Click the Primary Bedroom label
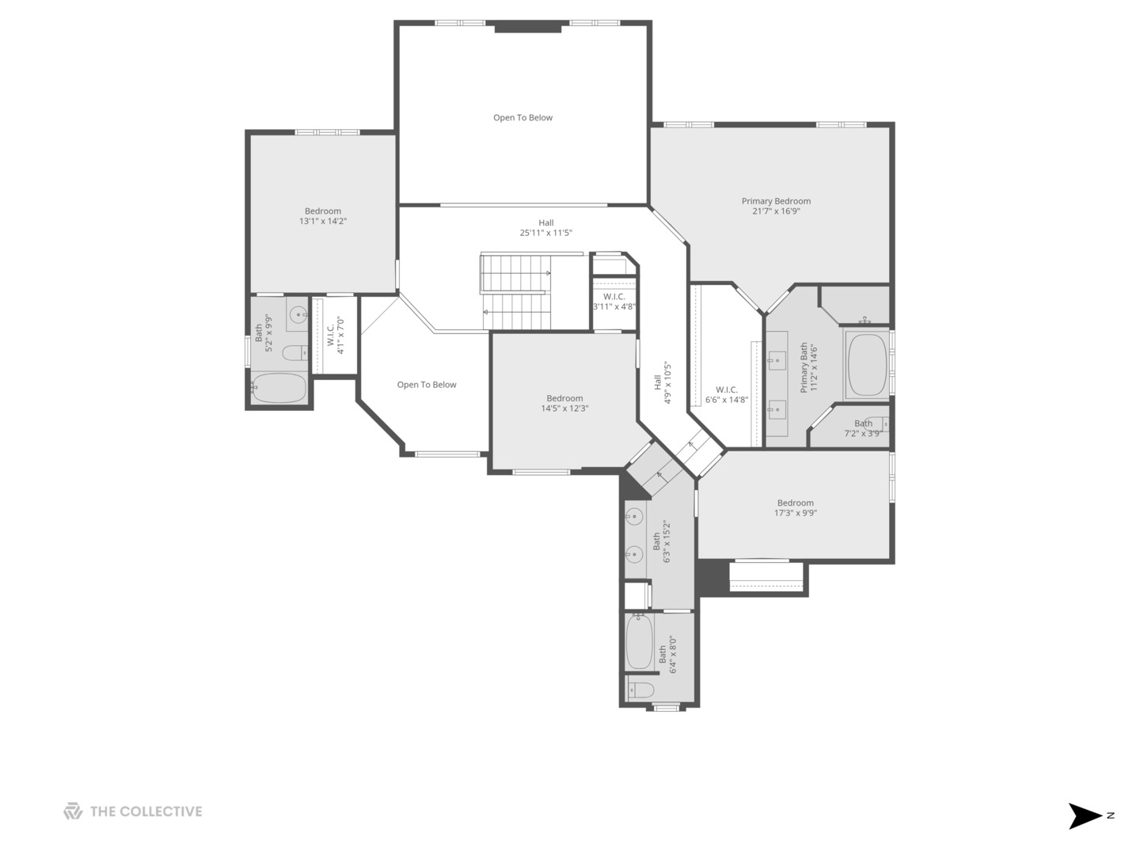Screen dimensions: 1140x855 pyautogui.click(x=776, y=201)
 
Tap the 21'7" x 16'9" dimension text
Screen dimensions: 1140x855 pyautogui.click(x=776, y=211)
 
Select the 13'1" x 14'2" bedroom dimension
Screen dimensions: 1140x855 pyautogui.click(x=322, y=221)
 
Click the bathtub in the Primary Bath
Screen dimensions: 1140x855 pyautogui.click(x=867, y=366)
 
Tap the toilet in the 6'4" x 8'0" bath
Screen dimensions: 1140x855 pyautogui.click(x=640, y=690)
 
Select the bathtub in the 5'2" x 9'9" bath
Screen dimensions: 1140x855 pyautogui.click(x=279, y=388)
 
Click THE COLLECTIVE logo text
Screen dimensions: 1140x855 pyautogui.click(x=146, y=812)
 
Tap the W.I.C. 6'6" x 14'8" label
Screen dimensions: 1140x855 pyautogui.click(x=727, y=395)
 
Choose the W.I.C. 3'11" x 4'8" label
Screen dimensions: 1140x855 pyautogui.click(x=614, y=302)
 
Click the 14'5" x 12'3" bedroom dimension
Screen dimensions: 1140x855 pyautogui.click(x=564, y=408)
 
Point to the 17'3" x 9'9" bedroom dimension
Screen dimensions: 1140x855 pyautogui.click(x=795, y=513)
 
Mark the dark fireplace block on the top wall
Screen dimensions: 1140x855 pyautogui.click(x=528, y=27)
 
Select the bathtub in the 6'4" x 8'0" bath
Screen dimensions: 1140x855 pyautogui.click(x=640, y=642)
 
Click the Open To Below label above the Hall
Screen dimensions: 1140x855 pyautogui.click(x=523, y=118)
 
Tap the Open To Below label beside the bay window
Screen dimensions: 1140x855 pyautogui.click(x=427, y=385)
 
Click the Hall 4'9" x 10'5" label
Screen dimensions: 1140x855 pyautogui.click(x=663, y=382)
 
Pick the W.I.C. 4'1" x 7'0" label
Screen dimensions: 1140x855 pyautogui.click(x=336, y=336)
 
